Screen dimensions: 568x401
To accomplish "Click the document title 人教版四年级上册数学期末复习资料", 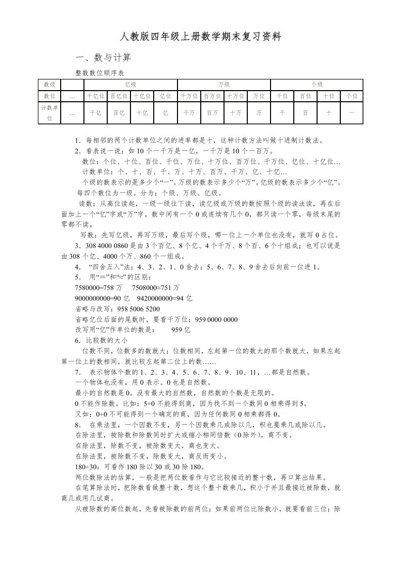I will [200, 37].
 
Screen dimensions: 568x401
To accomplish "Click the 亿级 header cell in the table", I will [130, 85].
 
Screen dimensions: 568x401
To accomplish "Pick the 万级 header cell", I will [224, 85].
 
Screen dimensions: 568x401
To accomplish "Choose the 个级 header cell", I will [317, 85].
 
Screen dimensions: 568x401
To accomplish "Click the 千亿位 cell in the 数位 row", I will [96, 96].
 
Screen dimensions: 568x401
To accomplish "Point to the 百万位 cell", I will [212, 96].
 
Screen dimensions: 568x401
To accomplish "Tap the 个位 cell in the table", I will [351, 96].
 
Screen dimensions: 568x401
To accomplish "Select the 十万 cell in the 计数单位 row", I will [235, 113].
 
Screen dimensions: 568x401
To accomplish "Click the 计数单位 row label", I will [50, 112].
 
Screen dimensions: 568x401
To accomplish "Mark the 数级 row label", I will [50, 85].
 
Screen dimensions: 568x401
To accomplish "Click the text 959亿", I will [180, 330].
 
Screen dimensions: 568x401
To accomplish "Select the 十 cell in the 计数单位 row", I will [328, 113].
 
